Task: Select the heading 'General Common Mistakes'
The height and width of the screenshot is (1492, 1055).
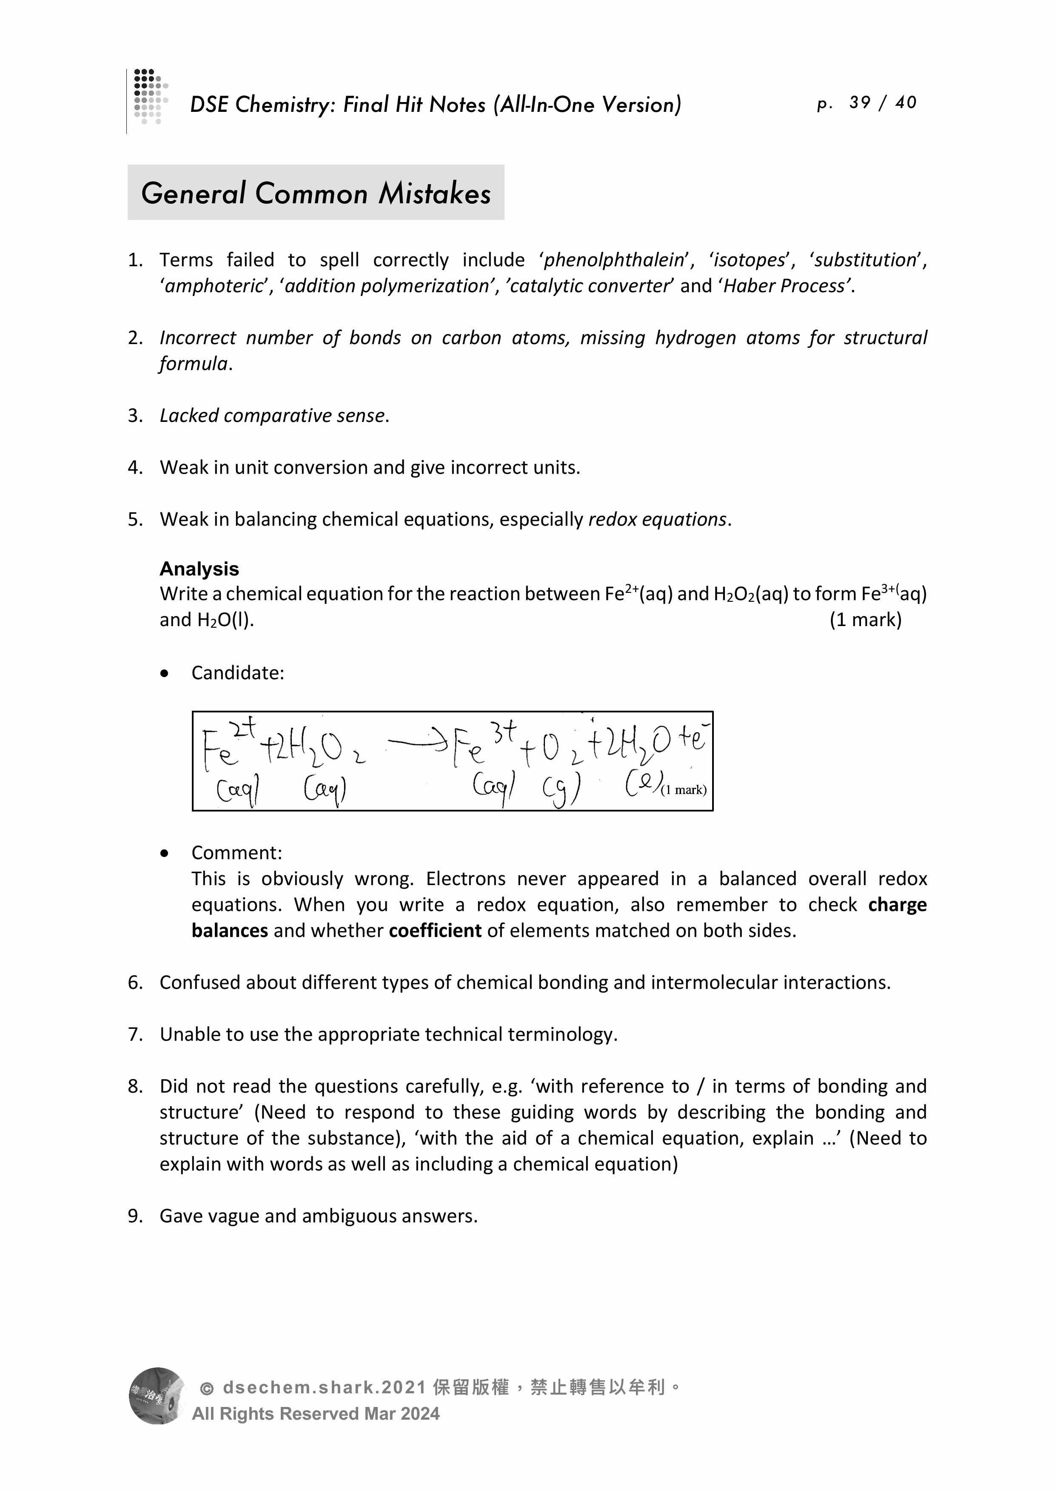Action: tap(316, 193)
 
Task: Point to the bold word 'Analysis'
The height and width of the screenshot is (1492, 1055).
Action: tap(199, 569)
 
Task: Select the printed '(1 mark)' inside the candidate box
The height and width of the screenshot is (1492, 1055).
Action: tap(682, 789)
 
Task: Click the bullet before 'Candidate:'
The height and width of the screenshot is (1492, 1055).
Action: tap(165, 674)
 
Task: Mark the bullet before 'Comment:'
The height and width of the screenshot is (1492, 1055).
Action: tap(165, 853)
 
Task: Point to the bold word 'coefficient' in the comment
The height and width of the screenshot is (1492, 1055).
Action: tap(435, 931)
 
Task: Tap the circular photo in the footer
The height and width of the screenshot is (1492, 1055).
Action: tap(157, 1395)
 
